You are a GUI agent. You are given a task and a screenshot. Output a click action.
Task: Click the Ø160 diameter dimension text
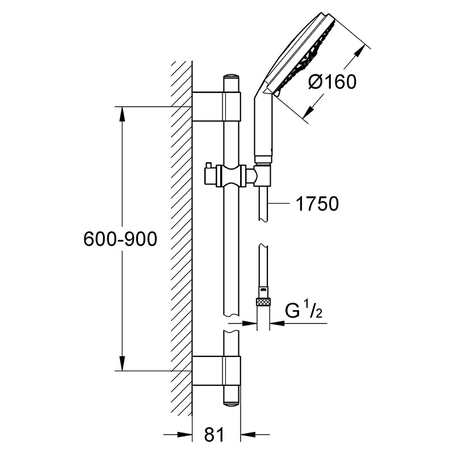332,81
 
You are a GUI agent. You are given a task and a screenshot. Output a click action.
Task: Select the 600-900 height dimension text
120,239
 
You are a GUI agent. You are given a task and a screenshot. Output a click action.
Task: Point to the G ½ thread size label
304,311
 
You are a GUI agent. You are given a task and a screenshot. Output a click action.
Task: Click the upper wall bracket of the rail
216,106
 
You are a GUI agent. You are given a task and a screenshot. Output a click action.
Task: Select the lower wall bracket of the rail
216,371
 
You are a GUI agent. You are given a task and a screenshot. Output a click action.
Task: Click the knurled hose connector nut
263,302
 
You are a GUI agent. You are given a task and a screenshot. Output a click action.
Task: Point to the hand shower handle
263,131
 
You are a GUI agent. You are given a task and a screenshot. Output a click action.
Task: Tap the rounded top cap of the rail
232,77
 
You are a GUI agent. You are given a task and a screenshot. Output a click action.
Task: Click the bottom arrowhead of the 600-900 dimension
123,363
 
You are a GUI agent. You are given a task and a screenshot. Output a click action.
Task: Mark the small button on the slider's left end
208,166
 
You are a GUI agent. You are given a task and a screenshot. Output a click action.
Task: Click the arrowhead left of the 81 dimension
185,434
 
